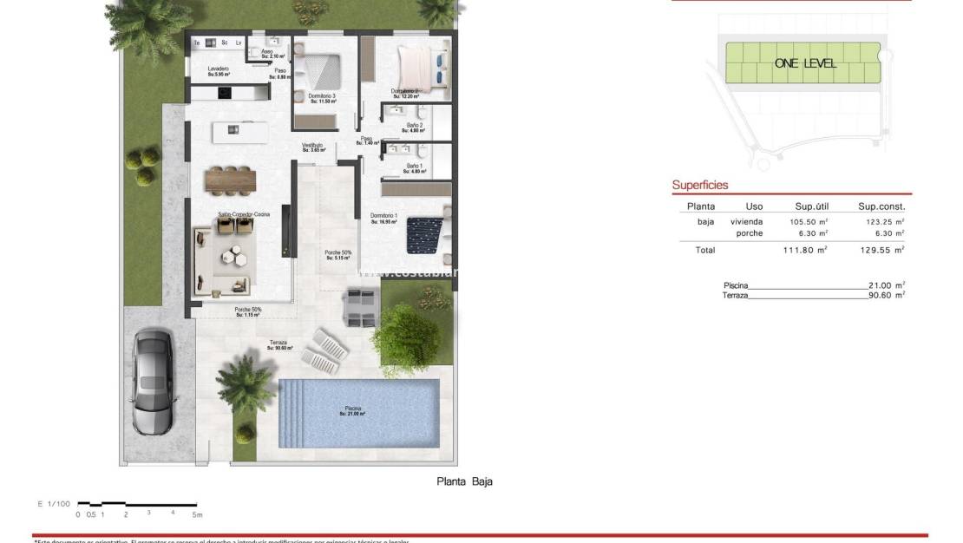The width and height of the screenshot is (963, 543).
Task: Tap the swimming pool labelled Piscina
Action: (x=358, y=412)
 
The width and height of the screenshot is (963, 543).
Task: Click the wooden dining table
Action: (x=231, y=180)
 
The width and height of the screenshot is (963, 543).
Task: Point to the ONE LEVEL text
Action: (x=805, y=63)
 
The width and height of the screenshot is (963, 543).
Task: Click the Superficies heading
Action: (x=700, y=186)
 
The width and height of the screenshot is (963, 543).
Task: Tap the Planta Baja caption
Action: (x=464, y=481)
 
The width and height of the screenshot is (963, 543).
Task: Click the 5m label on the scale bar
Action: (x=197, y=514)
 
